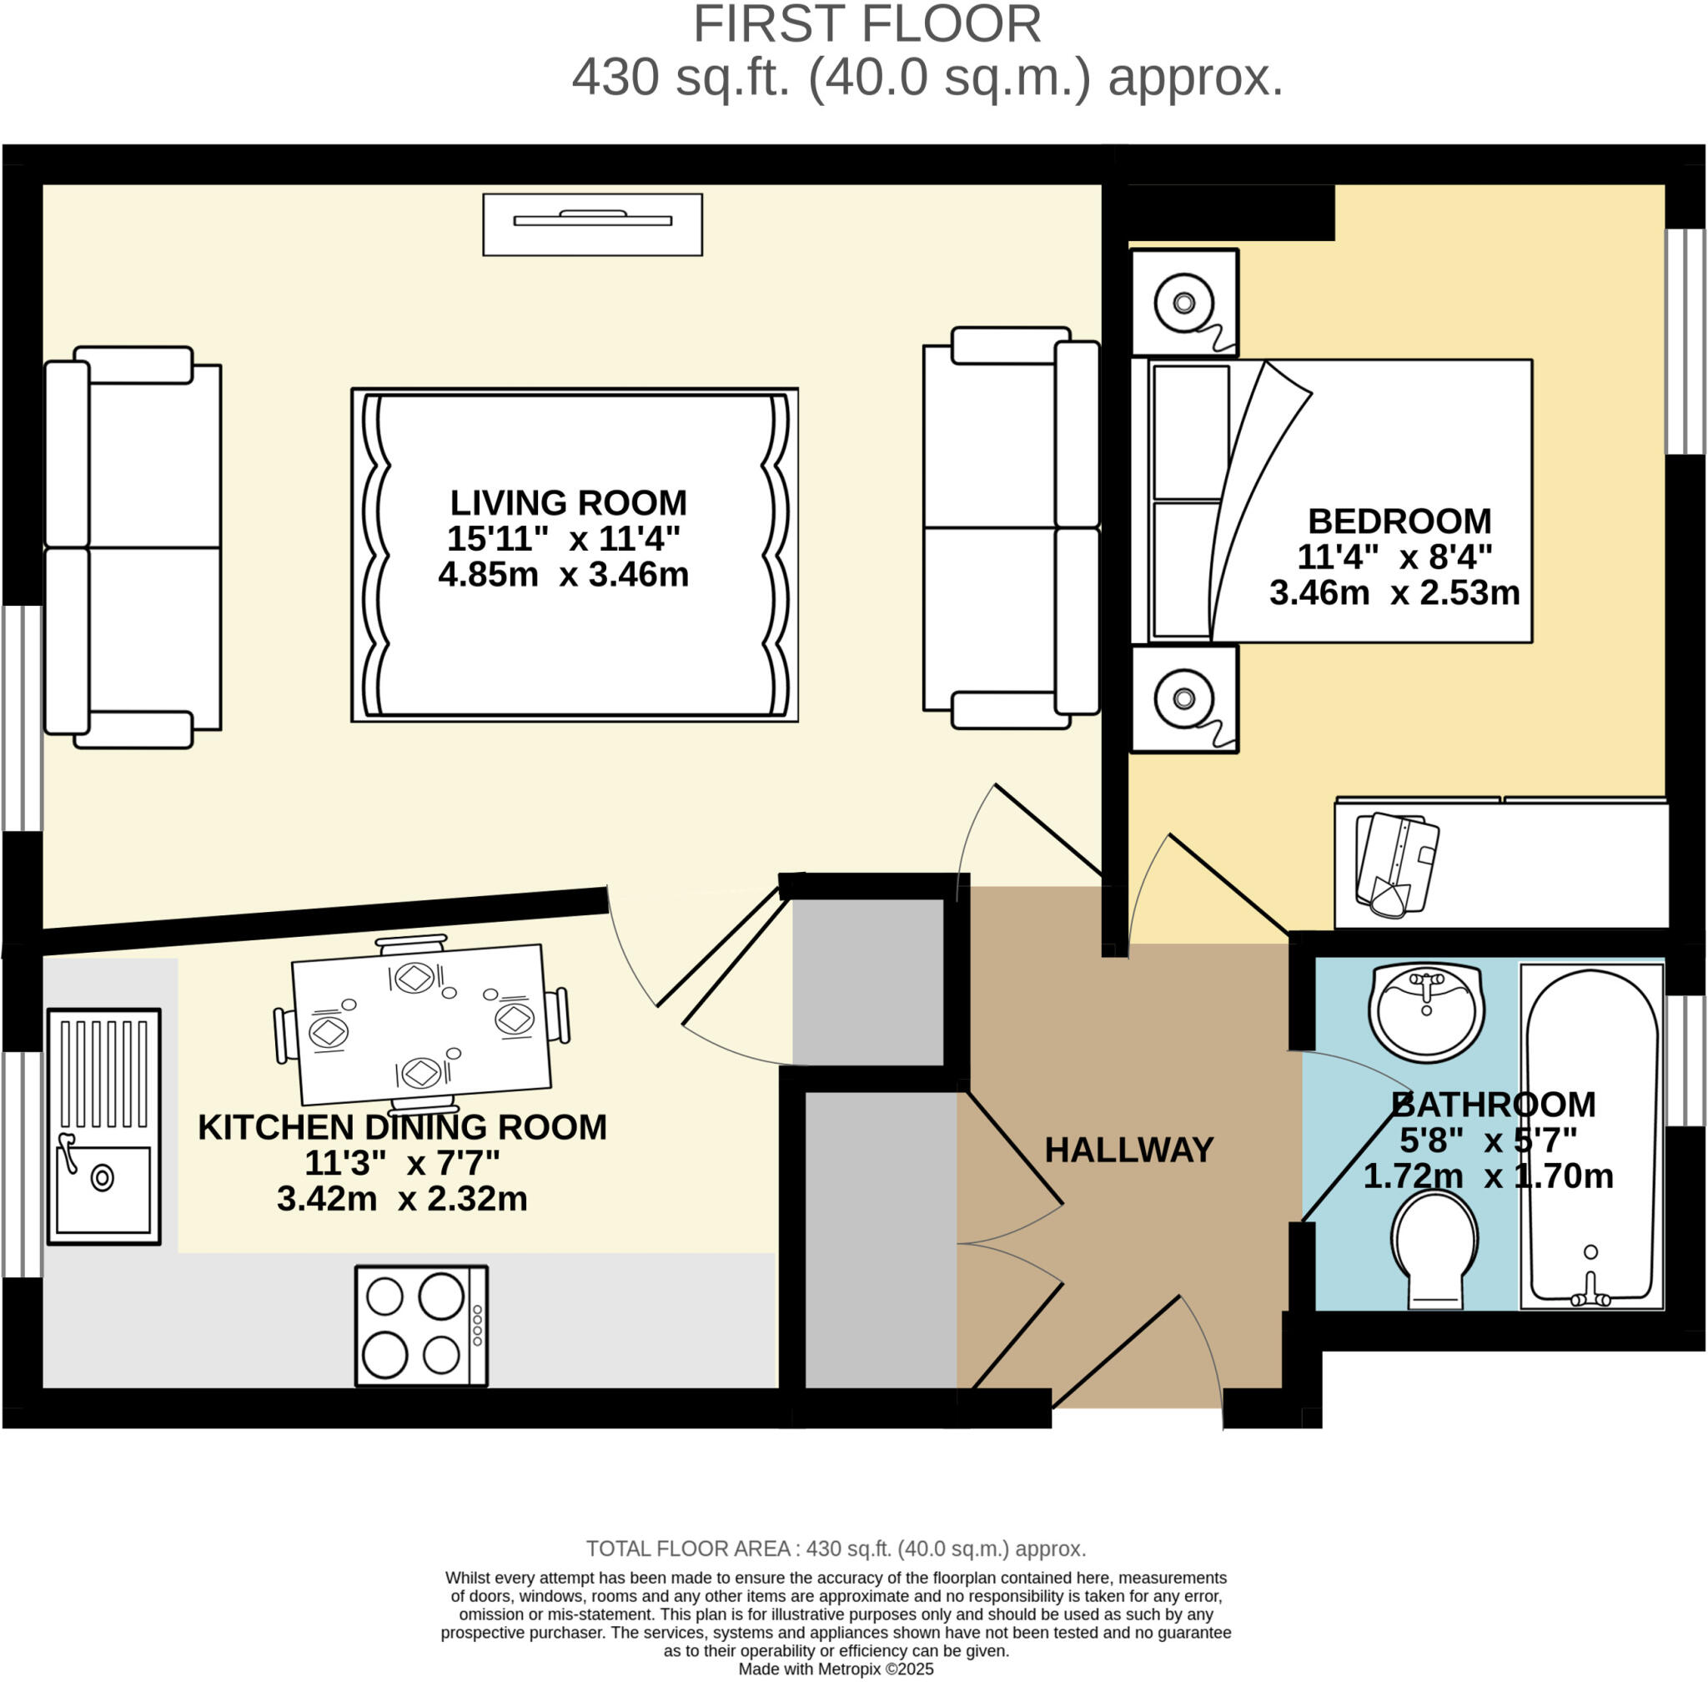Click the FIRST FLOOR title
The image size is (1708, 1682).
click(x=867, y=25)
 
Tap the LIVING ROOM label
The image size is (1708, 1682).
click(x=568, y=502)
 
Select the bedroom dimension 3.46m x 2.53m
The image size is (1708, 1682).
click(x=1394, y=592)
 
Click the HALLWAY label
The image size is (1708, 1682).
click(x=1128, y=1150)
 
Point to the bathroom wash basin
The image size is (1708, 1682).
click(x=1425, y=1013)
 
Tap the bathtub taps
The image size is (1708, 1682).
click(x=1590, y=1294)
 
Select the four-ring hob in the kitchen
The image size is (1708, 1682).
click(x=421, y=1326)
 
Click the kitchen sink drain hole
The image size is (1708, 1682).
click(x=103, y=1177)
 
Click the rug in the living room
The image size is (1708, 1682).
click(x=574, y=555)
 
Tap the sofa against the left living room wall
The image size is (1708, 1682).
click(x=133, y=547)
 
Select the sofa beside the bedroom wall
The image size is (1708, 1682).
click(x=1011, y=528)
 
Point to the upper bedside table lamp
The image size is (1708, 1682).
click(x=1183, y=303)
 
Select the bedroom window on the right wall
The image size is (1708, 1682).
click(x=1684, y=342)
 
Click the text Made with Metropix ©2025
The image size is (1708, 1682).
click(x=836, y=1669)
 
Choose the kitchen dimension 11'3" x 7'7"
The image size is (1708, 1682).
click(x=402, y=1163)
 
